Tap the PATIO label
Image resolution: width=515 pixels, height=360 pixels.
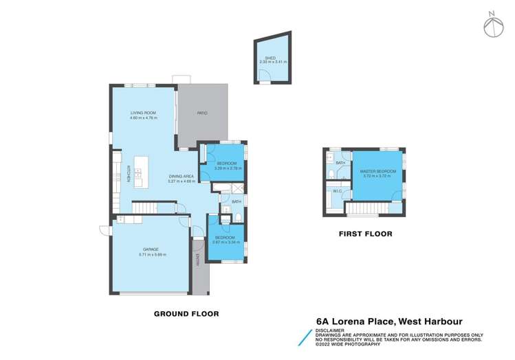(202, 113)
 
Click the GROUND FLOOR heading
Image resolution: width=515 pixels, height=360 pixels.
(186, 314)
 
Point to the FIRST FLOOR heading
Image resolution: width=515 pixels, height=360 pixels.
(365, 234)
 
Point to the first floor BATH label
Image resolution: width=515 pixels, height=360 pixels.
(340, 163)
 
